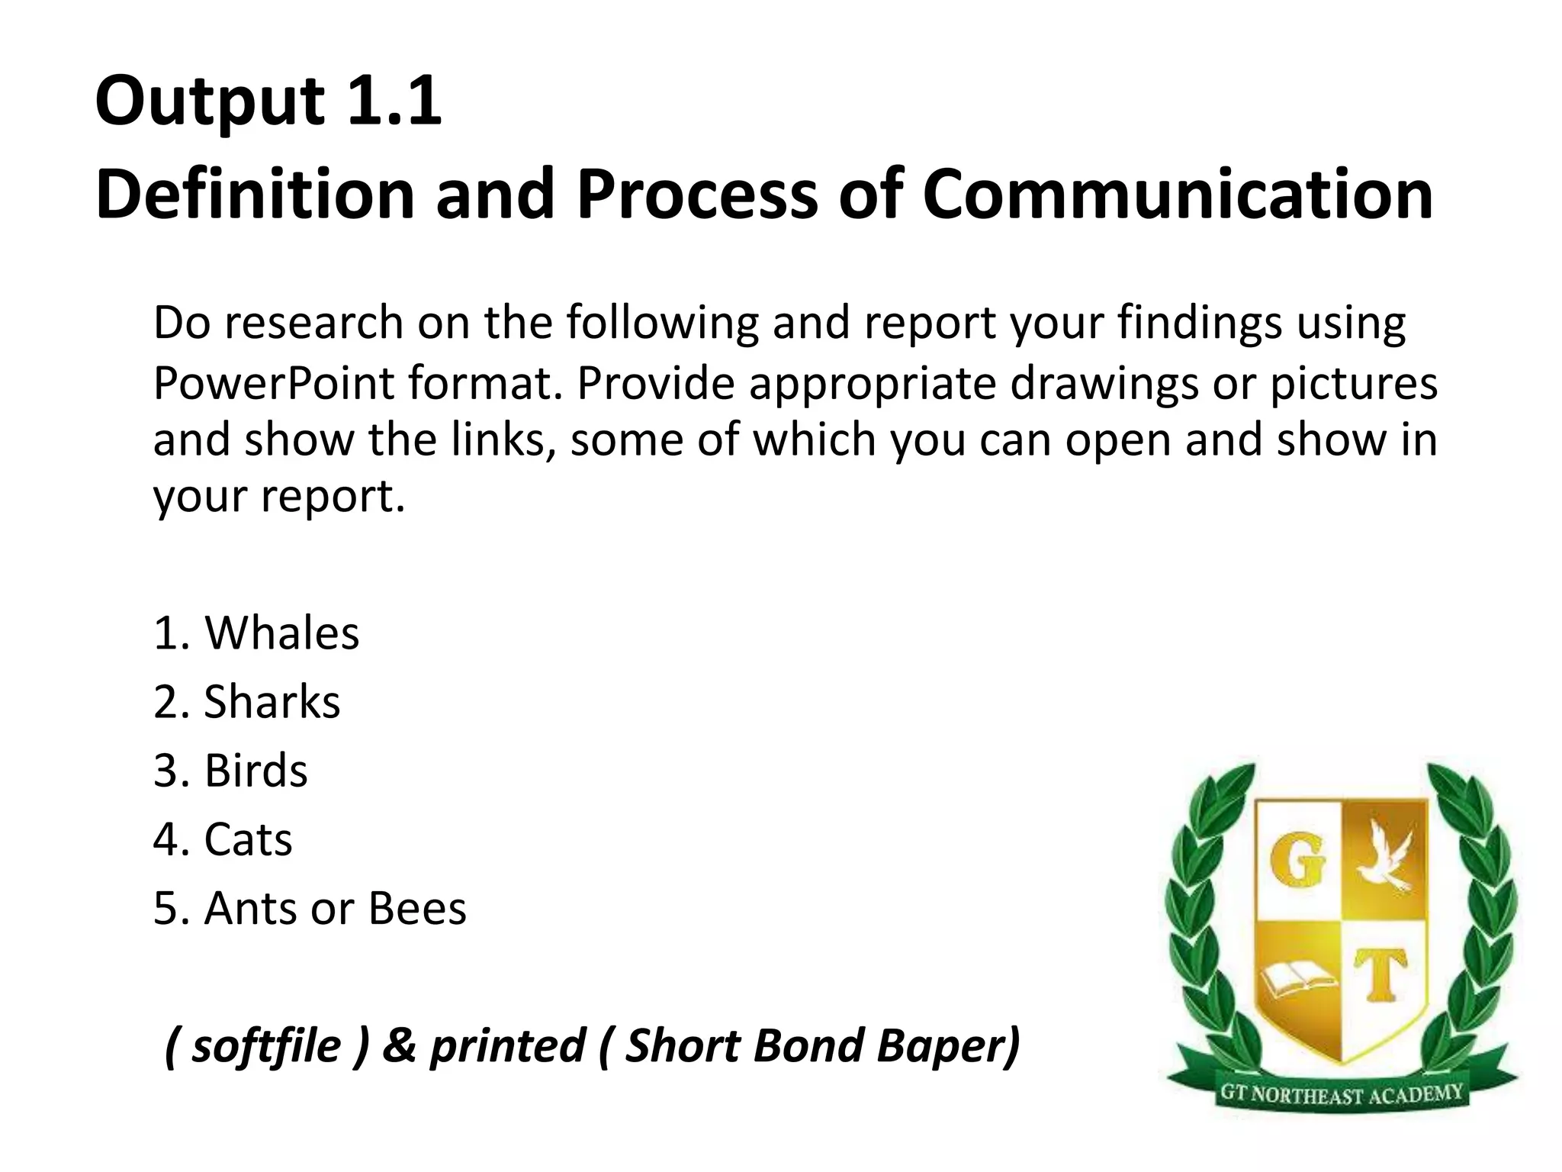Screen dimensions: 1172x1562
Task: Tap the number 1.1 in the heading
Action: click(394, 102)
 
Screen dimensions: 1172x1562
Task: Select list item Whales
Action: click(281, 633)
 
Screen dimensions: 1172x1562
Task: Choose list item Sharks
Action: click(272, 702)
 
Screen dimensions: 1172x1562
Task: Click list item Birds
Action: click(256, 771)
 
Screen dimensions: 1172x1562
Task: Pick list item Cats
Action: click(247, 839)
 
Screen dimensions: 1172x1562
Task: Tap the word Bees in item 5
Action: click(417, 909)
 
